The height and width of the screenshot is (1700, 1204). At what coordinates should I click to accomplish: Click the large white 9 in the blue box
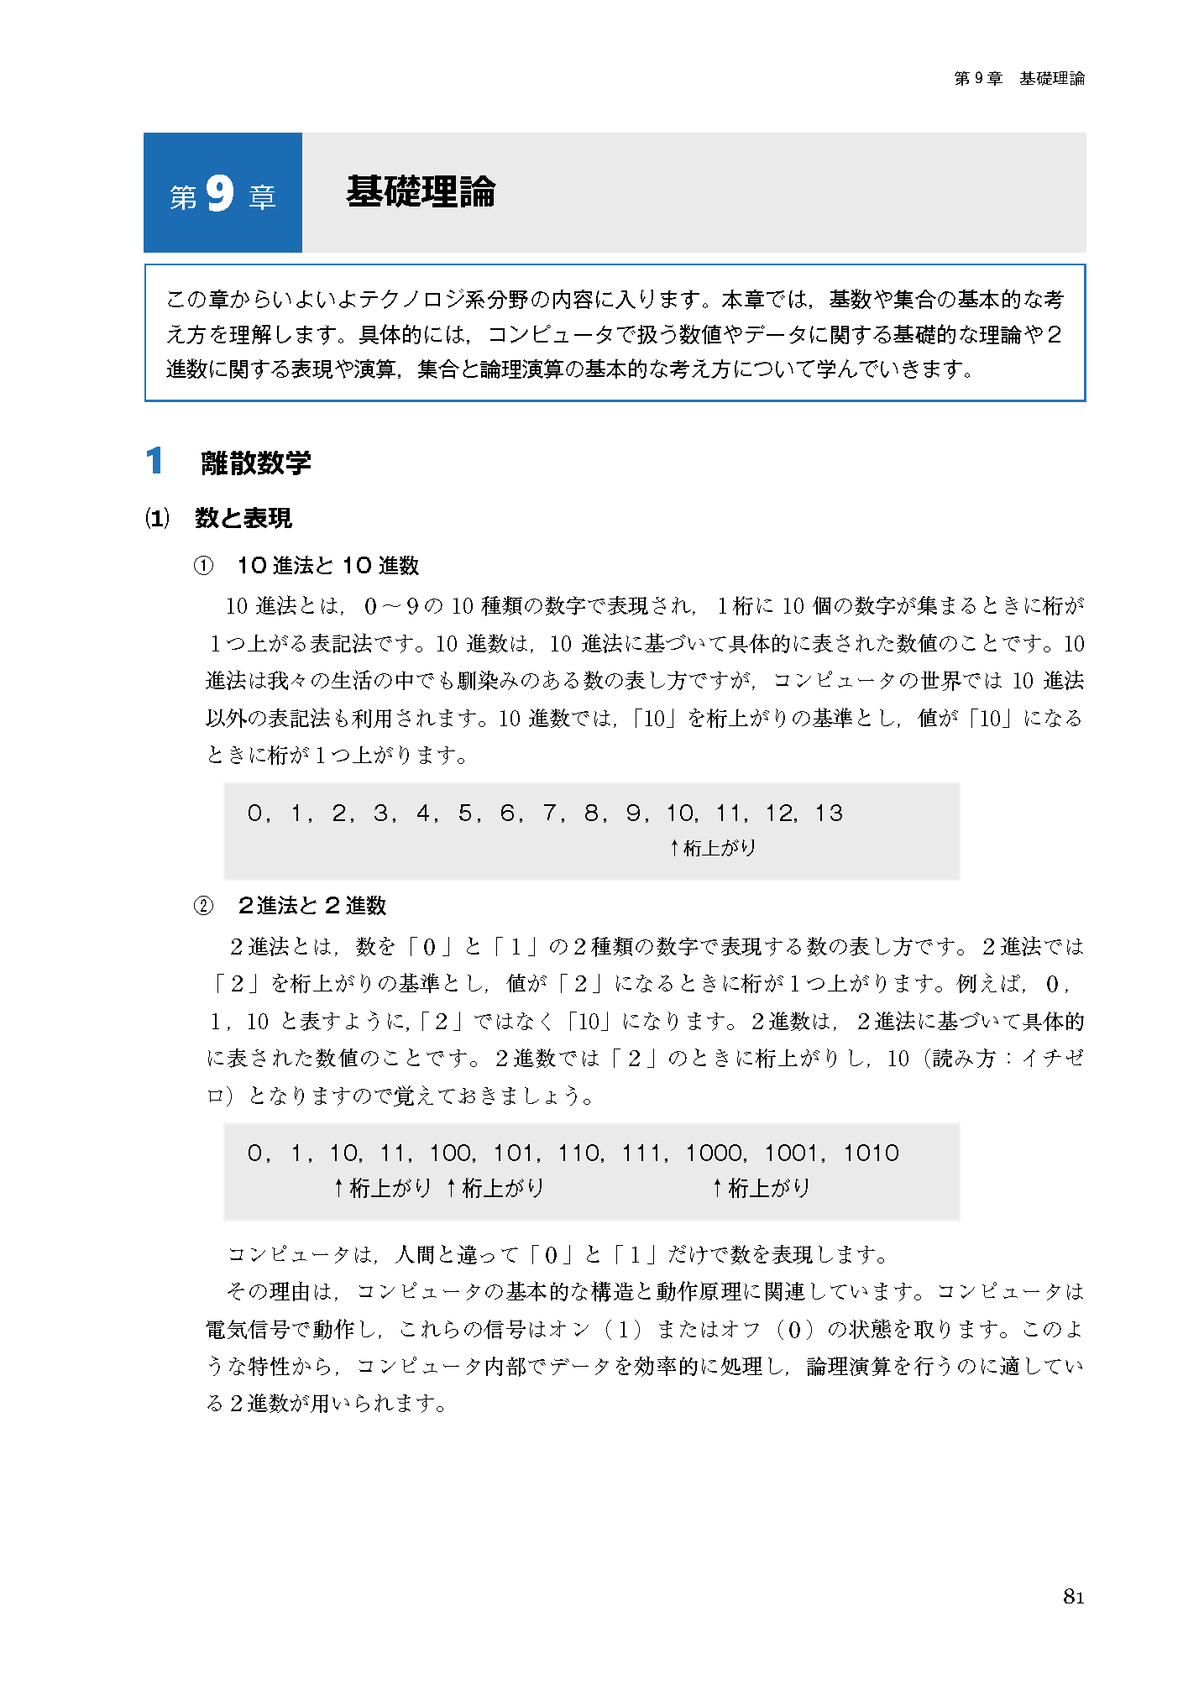tap(219, 193)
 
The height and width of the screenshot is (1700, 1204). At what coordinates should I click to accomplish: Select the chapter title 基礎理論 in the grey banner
tap(421, 192)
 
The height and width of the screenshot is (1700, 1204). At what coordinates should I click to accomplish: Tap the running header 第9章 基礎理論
tap(1018, 79)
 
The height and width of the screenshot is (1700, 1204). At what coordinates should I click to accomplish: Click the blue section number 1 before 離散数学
tap(154, 461)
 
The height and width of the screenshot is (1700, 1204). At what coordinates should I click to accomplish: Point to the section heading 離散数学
tap(256, 463)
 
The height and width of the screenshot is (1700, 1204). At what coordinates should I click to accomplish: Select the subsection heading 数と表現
tap(243, 518)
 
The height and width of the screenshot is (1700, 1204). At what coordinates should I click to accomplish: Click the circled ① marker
tap(203, 566)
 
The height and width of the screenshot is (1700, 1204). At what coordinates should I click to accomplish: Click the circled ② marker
tap(203, 906)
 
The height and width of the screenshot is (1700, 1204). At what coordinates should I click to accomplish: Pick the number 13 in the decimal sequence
tap(829, 813)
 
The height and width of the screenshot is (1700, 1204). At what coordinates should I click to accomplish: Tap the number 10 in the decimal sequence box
tap(680, 813)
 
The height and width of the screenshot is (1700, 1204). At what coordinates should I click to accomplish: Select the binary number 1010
tap(871, 1153)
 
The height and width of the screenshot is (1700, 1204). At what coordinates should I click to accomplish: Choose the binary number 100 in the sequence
tap(451, 1153)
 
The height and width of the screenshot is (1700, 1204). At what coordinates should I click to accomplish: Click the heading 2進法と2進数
tap(311, 906)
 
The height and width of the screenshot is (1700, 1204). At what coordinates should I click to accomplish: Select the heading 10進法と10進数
tap(327, 566)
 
